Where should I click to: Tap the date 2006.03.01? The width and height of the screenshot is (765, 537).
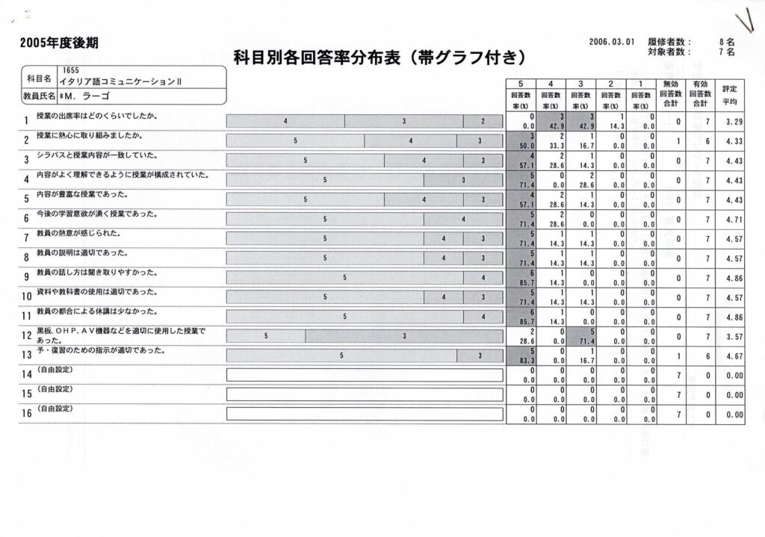pyautogui.click(x=611, y=43)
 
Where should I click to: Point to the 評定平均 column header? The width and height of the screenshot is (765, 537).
pyautogui.click(x=730, y=94)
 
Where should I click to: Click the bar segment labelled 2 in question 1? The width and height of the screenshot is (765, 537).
pyautogui.click(x=483, y=121)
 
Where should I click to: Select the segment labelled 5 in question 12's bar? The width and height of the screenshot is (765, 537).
pyautogui.click(x=265, y=336)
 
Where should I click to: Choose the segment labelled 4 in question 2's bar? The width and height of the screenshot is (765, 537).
pyautogui.click(x=410, y=140)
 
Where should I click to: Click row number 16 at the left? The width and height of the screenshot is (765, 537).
pyautogui.click(x=25, y=413)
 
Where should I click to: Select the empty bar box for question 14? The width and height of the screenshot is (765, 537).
pyautogui.click(x=365, y=375)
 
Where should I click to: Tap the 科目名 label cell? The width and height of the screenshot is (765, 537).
pyautogui.click(x=38, y=78)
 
